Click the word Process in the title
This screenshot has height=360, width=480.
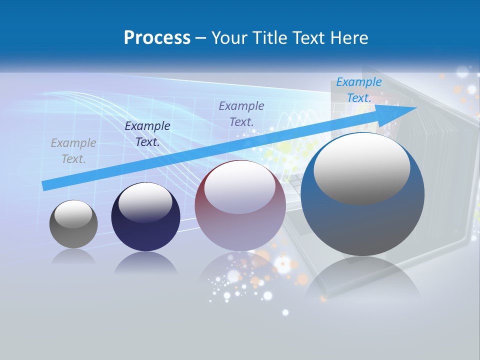click(x=157, y=38)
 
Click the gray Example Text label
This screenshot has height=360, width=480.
click(x=73, y=151)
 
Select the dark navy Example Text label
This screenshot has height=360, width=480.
click(x=147, y=134)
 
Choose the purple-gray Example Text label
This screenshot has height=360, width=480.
click(x=241, y=113)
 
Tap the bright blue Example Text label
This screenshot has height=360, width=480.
click(x=359, y=90)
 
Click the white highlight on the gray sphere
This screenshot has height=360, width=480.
click(x=73, y=214)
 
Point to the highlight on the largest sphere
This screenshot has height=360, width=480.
click(x=361, y=168)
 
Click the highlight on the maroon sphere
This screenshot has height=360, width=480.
click(x=240, y=187)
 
